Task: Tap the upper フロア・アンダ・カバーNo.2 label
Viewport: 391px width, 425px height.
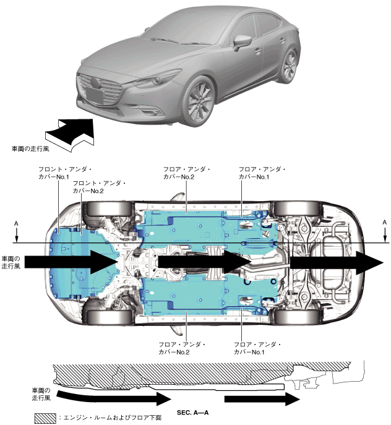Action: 186,173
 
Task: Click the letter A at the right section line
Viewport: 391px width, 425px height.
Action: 384,221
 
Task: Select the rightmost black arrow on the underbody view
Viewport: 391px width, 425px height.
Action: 337,262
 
